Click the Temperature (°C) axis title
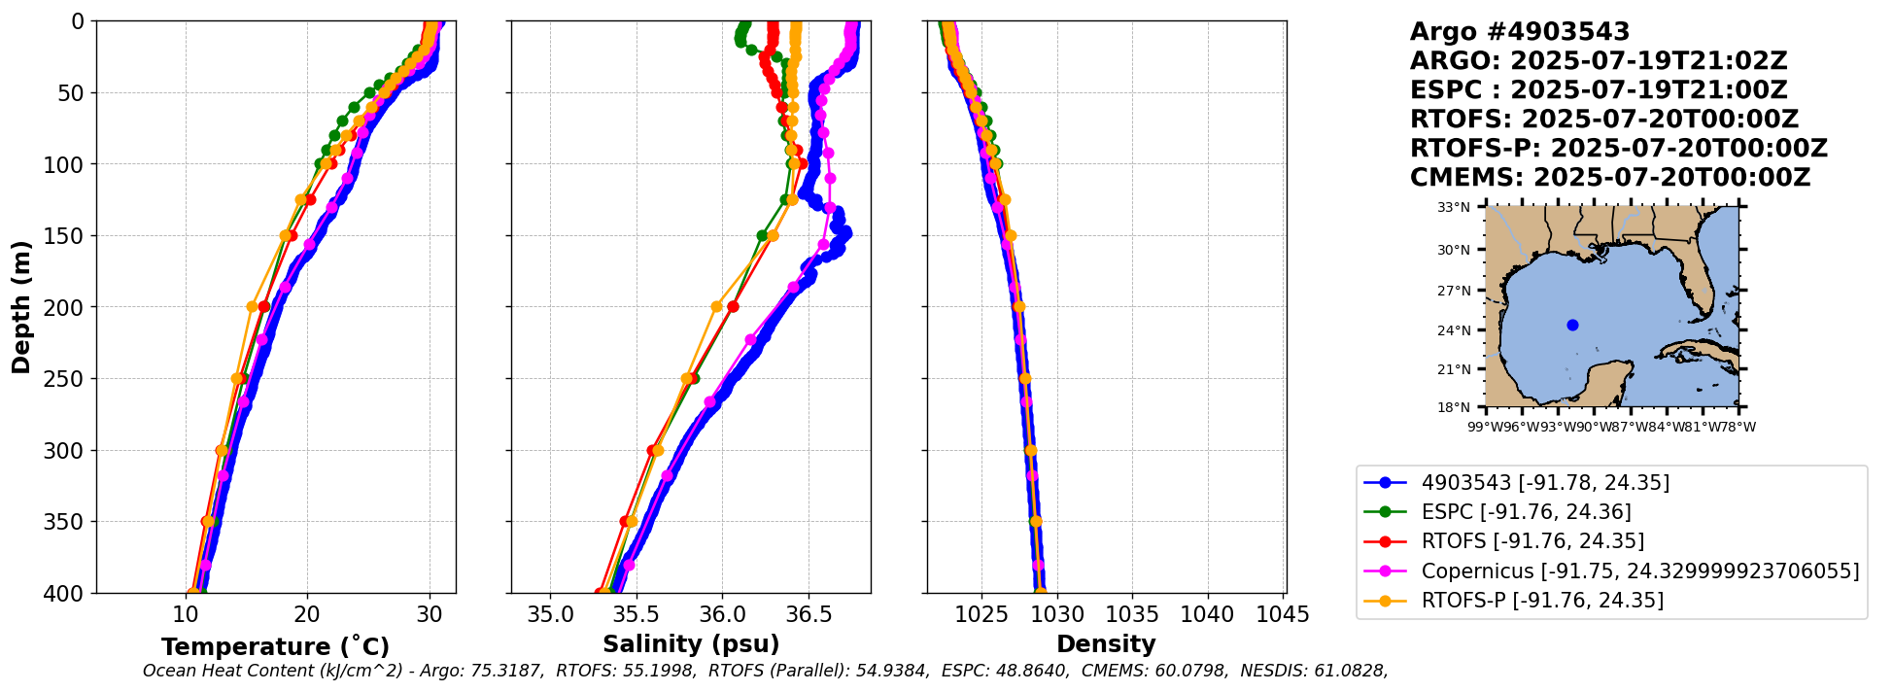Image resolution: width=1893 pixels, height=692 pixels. pos(275,647)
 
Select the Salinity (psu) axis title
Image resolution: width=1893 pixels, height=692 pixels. pos(691,644)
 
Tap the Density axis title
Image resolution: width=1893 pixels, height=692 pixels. pos(1106,644)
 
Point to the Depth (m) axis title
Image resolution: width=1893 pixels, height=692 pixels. pos(21,307)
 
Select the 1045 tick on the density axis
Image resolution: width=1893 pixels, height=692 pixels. pos(1284,614)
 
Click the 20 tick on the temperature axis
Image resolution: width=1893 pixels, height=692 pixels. pos(307,614)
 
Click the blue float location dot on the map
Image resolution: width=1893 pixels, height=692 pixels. pos(1572,326)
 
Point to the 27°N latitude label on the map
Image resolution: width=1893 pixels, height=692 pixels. pos(1455,291)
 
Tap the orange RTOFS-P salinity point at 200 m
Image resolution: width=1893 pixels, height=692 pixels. pos(717,307)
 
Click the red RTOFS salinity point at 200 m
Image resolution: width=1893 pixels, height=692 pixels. pos(733,307)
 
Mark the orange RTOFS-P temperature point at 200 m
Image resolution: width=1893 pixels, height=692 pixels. pos(253,307)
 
